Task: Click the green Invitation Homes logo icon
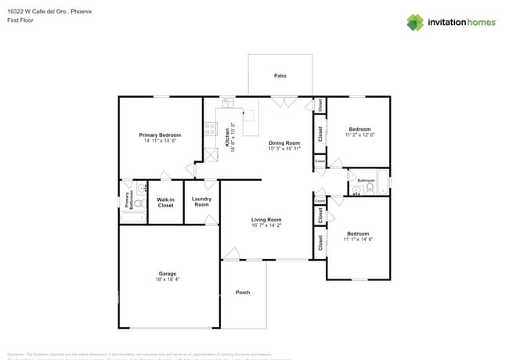[415, 22]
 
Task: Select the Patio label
[280, 76]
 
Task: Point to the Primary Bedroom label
[160, 135]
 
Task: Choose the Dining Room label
[284, 142]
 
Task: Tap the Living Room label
[266, 220]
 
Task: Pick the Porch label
[243, 293]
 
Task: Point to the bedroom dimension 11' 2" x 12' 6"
[359, 135]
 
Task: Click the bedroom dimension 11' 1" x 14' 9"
[359, 239]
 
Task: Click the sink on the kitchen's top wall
[228, 102]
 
